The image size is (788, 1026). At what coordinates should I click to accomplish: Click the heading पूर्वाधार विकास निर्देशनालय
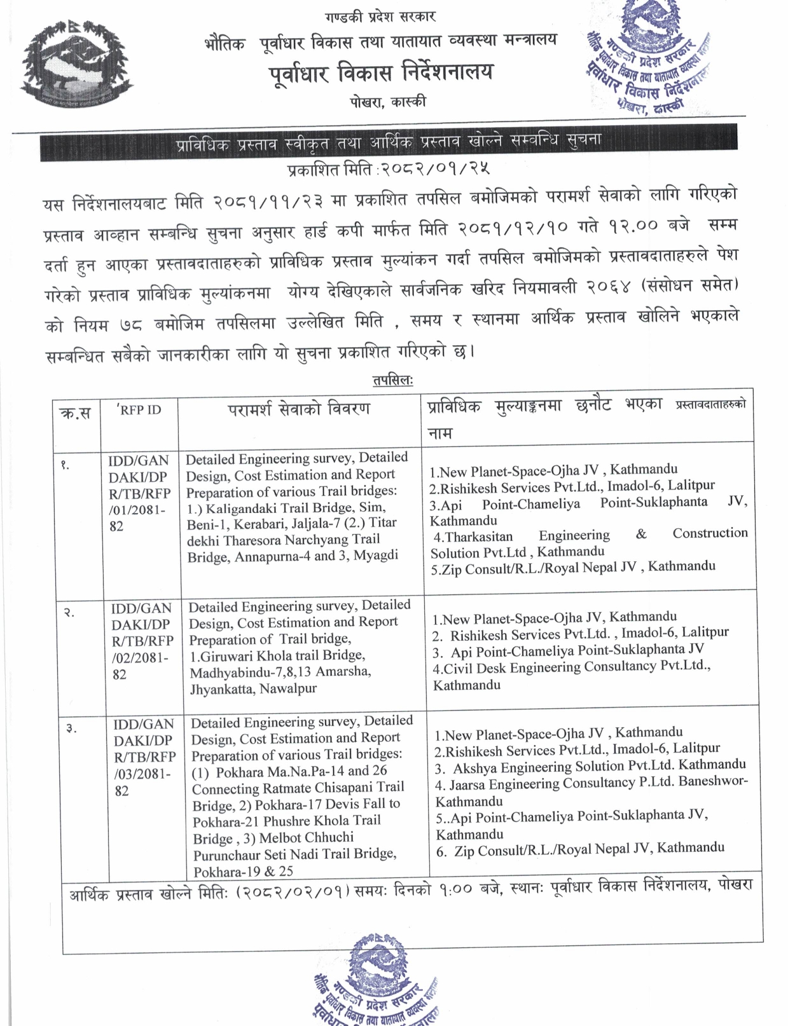pos(380,73)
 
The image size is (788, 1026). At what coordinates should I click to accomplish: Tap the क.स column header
pos(74,413)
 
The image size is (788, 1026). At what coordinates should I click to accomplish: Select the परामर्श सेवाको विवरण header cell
pos(299,408)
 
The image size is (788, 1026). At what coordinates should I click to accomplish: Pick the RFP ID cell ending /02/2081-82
pos(142,641)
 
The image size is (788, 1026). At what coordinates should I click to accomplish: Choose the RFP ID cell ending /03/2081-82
pos(144,757)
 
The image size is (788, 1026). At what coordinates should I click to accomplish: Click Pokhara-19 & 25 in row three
pos(243,872)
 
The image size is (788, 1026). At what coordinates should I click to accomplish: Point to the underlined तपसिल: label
pos(392,380)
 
